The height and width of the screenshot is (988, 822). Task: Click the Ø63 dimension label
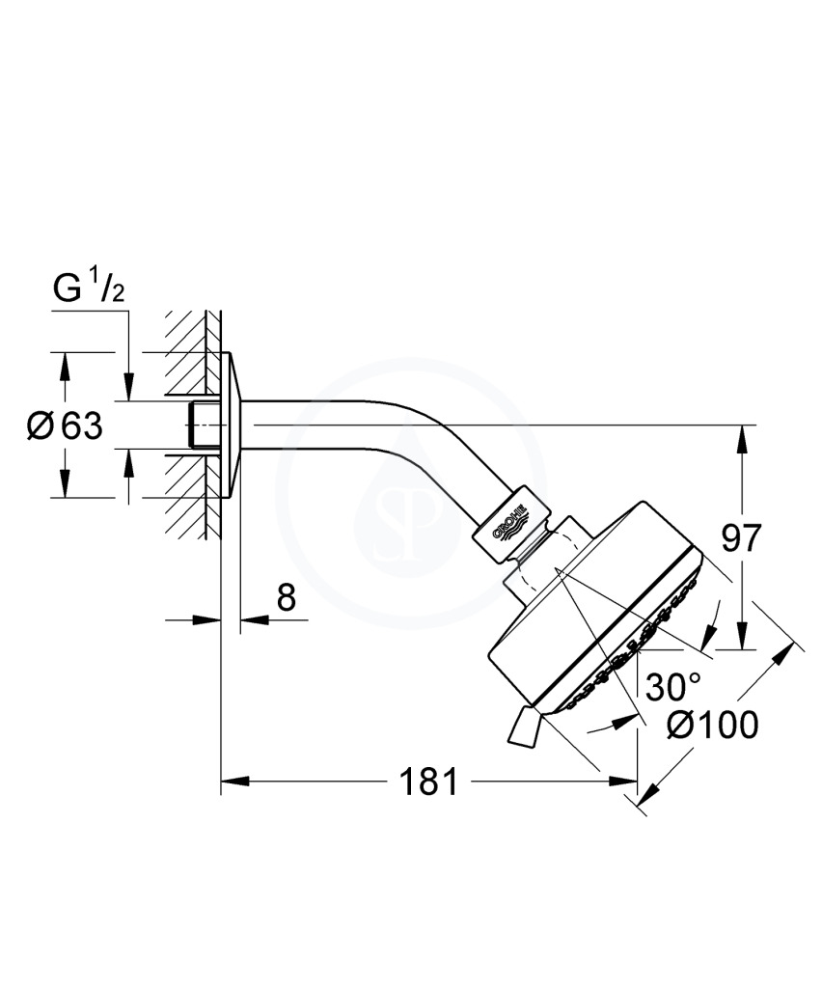[65, 426]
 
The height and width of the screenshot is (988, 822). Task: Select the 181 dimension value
[428, 782]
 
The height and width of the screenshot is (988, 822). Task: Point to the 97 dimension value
[741, 537]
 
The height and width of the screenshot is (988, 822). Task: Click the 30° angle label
[673, 687]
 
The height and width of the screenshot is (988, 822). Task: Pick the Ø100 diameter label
[712, 725]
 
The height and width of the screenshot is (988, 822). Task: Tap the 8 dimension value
[286, 596]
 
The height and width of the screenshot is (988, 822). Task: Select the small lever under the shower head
[524, 727]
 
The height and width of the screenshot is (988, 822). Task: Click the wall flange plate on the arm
[232, 425]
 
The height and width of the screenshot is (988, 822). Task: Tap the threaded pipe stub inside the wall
[205, 425]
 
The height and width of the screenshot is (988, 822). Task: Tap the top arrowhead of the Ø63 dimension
[63, 368]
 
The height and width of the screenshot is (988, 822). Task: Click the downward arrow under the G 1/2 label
[128, 386]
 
